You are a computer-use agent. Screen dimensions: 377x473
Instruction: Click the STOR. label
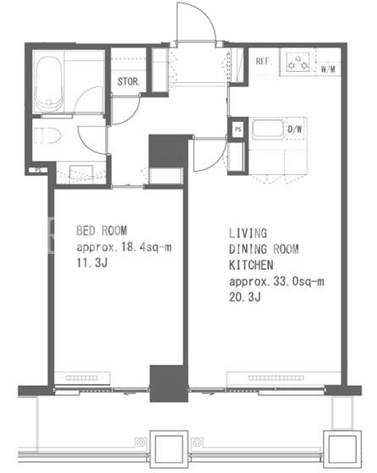[x=128, y=81]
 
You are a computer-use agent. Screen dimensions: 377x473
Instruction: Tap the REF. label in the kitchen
[x=264, y=62]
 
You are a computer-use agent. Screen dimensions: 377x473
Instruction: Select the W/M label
[x=328, y=69]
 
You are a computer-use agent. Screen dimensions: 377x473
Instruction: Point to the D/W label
[x=295, y=129]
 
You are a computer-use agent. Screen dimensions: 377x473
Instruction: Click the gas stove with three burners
[x=298, y=62]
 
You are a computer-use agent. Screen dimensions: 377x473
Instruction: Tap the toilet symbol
[x=47, y=135]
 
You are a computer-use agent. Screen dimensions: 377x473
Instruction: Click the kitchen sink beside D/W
[x=268, y=129]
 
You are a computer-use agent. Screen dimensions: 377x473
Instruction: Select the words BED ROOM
[x=101, y=231]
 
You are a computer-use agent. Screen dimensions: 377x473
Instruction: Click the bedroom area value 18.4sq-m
[x=146, y=247]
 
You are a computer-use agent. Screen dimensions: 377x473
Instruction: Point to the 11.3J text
[x=92, y=263]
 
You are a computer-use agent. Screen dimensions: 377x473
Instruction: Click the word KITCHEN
[x=251, y=265]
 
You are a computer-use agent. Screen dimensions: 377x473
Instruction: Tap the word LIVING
[x=248, y=234]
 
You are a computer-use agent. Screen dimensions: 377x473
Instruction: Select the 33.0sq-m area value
[x=298, y=282]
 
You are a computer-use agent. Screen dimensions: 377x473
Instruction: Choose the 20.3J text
[x=244, y=297]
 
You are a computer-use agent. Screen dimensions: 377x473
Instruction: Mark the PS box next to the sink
[x=238, y=129]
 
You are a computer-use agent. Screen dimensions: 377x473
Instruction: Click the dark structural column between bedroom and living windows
[x=169, y=383]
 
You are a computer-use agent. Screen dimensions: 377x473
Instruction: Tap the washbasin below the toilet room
[x=81, y=173]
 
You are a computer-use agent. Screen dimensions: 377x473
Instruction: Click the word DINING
[x=248, y=249]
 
